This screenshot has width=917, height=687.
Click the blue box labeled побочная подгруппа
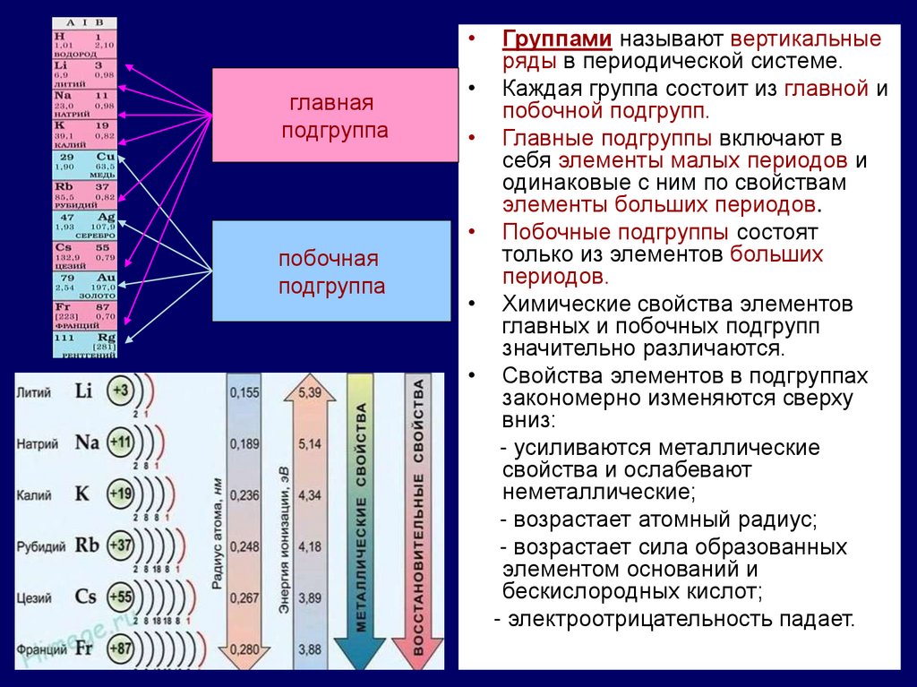pos(330,271)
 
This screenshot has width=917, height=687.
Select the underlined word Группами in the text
pos(557,40)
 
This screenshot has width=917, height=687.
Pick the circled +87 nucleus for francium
pos(121,648)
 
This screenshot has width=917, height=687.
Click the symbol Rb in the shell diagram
pos(87,545)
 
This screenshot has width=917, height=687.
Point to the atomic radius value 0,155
pos(244,391)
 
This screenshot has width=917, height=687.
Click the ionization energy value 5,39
pos(309,391)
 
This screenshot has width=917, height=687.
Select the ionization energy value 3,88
pos(309,648)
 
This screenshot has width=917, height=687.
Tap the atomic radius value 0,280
pos(244,648)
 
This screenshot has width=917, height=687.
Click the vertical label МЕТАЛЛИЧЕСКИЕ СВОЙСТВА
pos(362,520)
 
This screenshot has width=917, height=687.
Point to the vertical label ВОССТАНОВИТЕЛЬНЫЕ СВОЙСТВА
pos(418,520)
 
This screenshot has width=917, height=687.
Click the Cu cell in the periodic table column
pos(85,166)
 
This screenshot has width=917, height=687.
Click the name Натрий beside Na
pos(38,444)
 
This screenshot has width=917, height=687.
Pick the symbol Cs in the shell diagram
pos(86,596)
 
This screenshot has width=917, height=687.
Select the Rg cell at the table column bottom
pos(85,345)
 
